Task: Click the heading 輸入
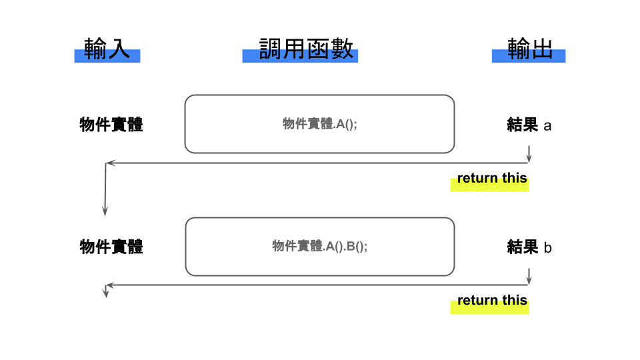pos(107,49)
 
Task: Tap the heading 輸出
pos(529,49)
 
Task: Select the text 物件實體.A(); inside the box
pos(319,124)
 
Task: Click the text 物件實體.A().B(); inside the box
pos(319,246)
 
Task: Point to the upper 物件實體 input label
pos(111,125)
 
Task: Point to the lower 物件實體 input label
pos(111,247)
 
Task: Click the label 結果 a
pos(529,125)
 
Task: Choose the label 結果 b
pos(529,247)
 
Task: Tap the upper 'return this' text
pos(492,178)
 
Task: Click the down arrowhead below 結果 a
pos(529,158)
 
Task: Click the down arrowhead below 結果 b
pos(529,281)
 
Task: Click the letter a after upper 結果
pos(547,125)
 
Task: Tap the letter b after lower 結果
pos(547,247)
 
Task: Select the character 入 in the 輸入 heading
pos(118,49)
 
